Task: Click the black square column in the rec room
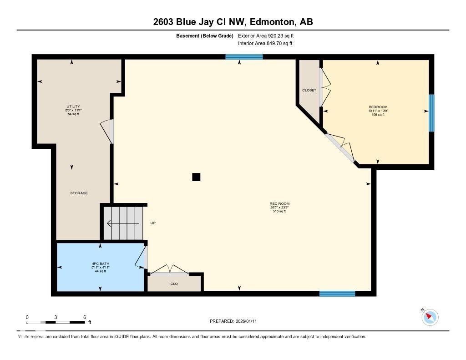[196, 177]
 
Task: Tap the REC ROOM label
[279, 204]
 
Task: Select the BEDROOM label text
[378, 107]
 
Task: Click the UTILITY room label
[73, 106]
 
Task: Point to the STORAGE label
[79, 193]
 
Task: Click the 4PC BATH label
[100, 264]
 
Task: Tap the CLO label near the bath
[174, 284]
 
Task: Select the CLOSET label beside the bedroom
[309, 90]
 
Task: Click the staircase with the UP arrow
[123, 223]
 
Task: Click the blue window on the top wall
[244, 57]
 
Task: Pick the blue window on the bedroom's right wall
[431, 113]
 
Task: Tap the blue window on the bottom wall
[337, 294]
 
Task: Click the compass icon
[430, 317]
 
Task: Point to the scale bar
[56, 322]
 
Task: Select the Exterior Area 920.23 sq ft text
[269, 35]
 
